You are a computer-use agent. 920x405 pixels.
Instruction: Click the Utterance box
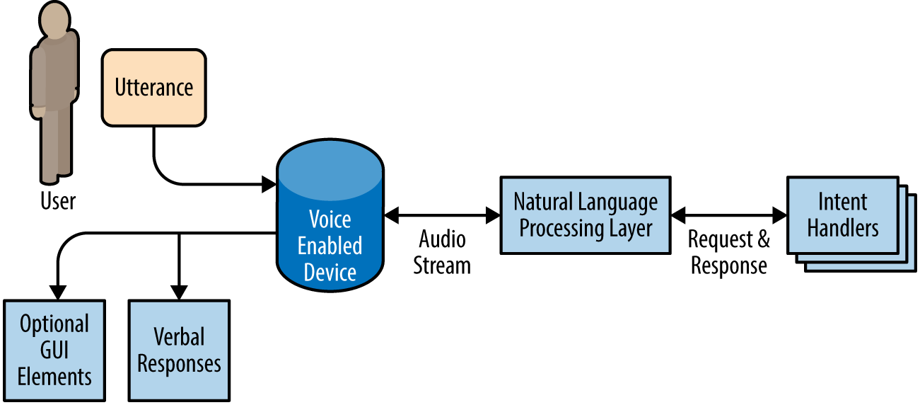coord(153,88)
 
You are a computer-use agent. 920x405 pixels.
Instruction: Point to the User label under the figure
coord(57,201)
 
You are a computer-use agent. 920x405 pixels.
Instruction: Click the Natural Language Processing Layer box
coord(586,215)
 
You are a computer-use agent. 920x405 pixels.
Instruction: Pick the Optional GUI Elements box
coord(54,350)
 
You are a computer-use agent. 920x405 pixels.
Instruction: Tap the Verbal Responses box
coord(179,350)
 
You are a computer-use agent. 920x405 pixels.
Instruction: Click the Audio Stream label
coord(442,252)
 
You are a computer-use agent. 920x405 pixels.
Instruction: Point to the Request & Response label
coord(729,252)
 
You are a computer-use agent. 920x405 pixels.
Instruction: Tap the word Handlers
coord(843,228)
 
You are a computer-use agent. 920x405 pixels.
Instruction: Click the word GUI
coord(54,350)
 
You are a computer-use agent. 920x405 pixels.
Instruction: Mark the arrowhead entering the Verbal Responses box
coord(179,292)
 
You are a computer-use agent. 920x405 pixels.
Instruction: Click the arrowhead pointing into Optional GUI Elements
coord(57,292)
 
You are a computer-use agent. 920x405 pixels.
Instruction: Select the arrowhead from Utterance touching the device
coord(269,185)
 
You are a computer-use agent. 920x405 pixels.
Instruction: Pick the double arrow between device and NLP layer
coord(442,212)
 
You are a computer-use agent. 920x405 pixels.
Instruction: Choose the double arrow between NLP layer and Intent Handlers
coord(729,214)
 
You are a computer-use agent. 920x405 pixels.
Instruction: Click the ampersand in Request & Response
coord(762,240)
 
